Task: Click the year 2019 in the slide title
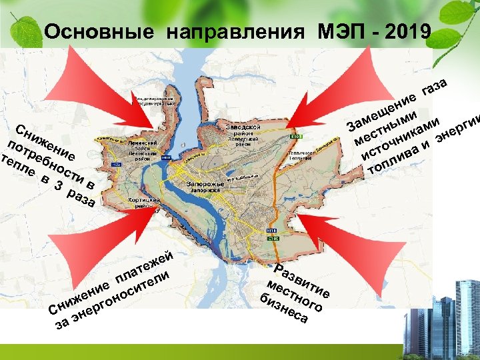click(x=409, y=31)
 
